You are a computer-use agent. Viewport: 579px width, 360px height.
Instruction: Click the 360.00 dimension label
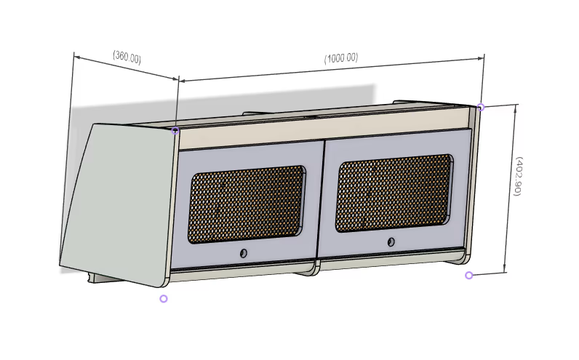127,57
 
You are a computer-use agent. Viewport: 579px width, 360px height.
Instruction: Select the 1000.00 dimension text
341,58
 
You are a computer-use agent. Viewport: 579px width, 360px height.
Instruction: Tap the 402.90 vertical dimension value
519,176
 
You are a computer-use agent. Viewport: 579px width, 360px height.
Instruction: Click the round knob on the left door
244,253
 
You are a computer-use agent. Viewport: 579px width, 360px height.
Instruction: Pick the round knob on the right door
391,242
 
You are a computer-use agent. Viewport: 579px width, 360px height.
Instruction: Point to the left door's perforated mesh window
247,204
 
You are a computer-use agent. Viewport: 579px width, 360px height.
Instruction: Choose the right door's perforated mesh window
394,193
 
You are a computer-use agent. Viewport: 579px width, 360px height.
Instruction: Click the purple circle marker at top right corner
481,107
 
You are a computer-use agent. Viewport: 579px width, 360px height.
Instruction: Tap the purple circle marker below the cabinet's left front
164,299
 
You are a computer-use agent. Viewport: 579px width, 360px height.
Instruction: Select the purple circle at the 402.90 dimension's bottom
469,275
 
